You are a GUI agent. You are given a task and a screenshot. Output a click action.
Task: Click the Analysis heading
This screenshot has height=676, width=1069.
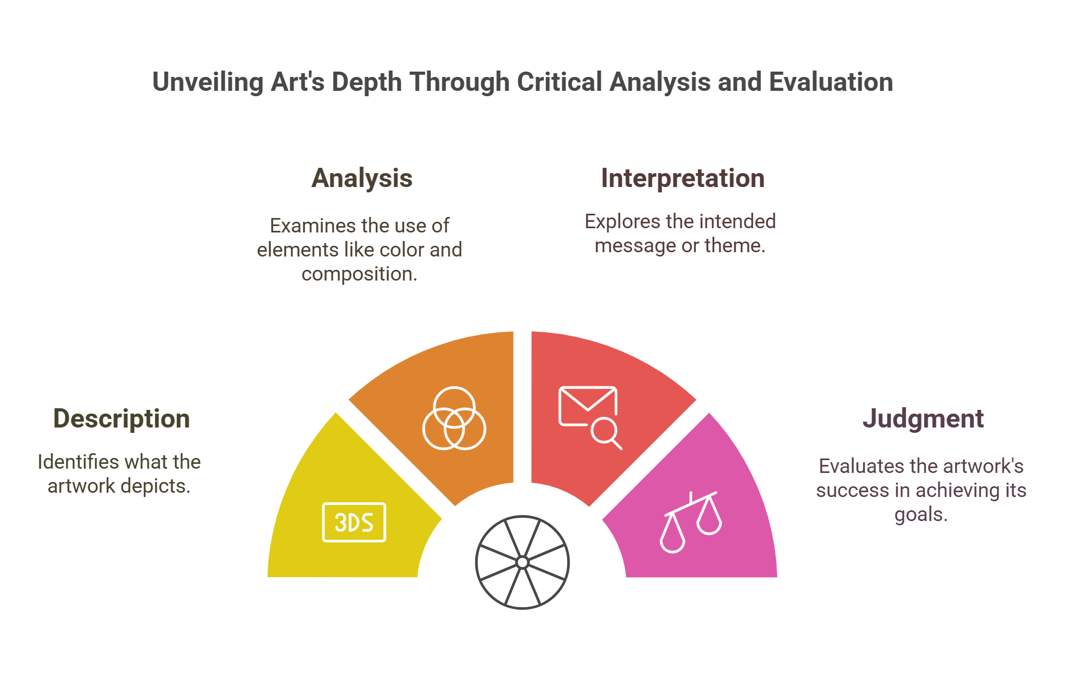point(362,178)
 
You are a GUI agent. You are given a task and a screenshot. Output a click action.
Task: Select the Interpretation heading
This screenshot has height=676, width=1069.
point(683,178)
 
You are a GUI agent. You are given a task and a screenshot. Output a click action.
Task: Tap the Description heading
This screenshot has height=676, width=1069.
point(121,418)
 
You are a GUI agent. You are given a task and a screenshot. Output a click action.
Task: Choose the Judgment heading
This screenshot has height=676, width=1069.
point(923,418)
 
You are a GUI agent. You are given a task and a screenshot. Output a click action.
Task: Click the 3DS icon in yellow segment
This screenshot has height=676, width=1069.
point(354,523)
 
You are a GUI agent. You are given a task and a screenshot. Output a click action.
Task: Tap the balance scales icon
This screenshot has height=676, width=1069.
point(691,522)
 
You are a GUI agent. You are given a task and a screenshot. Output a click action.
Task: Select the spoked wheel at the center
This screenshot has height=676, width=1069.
point(522,562)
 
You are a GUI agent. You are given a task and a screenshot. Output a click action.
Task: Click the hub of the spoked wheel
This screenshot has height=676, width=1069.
point(522,562)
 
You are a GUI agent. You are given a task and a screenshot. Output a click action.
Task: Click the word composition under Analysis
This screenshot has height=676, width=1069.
point(358,274)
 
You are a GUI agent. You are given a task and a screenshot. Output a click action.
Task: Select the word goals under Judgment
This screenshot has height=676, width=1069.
point(920,515)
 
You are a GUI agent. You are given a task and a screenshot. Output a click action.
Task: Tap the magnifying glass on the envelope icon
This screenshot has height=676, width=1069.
point(606,432)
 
